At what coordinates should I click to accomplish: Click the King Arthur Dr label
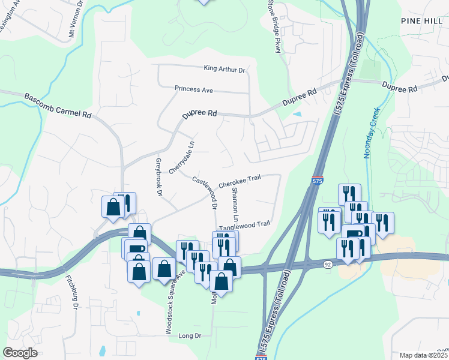click(225, 70)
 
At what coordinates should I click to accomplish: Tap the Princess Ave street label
click(194, 89)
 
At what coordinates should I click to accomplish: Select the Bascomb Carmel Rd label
click(58, 106)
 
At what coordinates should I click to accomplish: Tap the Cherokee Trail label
click(240, 178)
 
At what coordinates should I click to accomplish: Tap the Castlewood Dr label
click(205, 190)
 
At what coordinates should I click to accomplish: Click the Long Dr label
click(190, 336)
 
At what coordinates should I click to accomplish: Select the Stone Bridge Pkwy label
click(274, 27)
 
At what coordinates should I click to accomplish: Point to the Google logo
click(20, 352)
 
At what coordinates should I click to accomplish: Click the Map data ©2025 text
click(424, 355)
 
